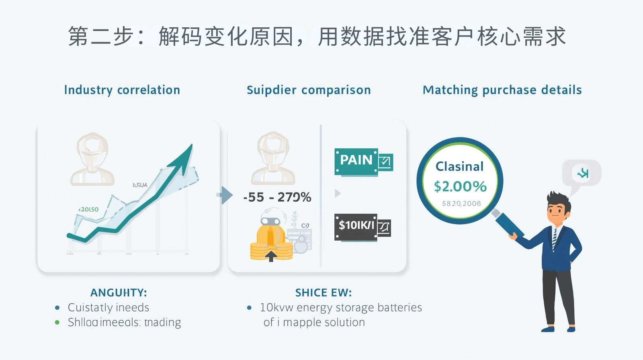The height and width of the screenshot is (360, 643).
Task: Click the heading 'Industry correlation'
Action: [x=122, y=90]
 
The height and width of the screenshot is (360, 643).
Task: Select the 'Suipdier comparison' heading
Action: [x=309, y=90]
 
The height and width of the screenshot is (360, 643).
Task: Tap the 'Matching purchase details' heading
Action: [x=502, y=90]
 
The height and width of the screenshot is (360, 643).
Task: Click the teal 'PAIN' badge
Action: [x=356, y=160]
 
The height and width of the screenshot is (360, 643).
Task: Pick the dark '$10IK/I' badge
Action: [x=356, y=226]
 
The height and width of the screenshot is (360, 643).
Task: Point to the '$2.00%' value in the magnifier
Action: [x=460, y=186]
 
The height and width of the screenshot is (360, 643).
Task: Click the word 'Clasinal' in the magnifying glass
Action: [x=459, y=166]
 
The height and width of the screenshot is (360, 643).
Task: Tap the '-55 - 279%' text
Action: [x=277, y=197]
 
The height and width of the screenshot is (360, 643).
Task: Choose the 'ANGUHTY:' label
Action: [x=119, y=292]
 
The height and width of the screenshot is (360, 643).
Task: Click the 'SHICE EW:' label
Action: [x=323, y=292]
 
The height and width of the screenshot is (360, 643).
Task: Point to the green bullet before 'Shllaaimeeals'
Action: [x=57, y=322]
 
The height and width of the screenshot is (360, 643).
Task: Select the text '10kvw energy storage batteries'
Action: [x=341, y=307]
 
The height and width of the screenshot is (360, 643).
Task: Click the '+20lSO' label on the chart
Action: [x=88, y=209]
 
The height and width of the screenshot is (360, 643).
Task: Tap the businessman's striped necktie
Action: [x=555, y=239]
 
